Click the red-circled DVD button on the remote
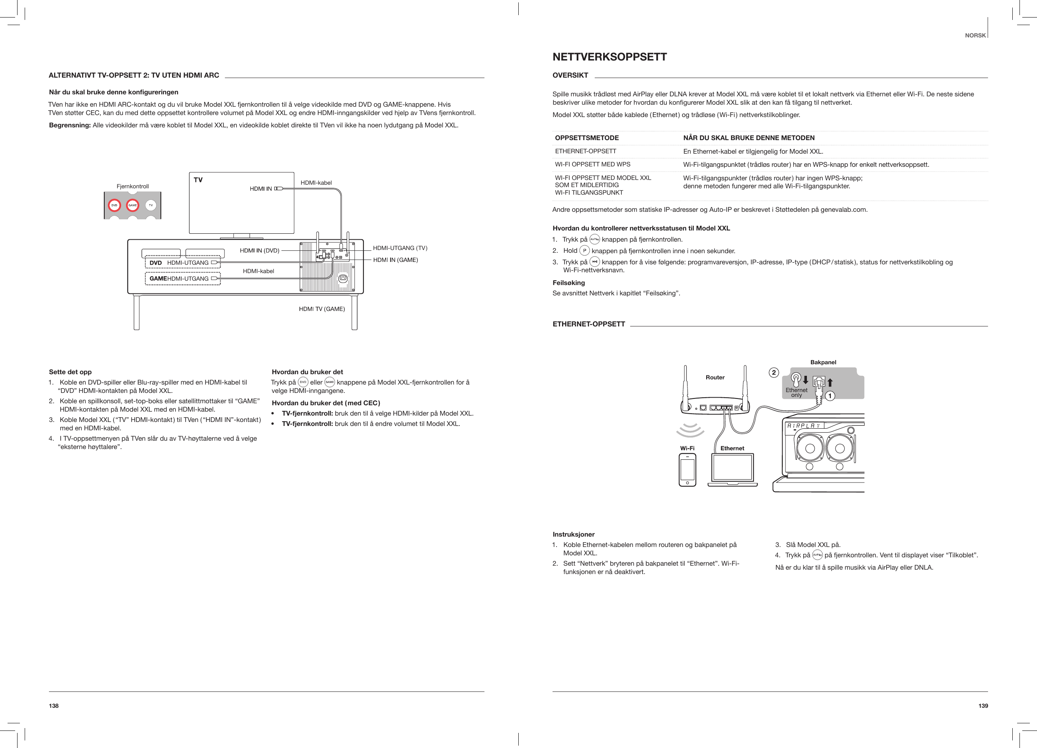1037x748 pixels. tap(114, 205)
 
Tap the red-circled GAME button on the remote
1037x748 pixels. tap(133, 205)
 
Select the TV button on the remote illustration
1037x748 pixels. tap(151, 205)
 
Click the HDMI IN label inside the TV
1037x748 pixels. tap(261, 188)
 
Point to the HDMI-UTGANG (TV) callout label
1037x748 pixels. tap(400, 248)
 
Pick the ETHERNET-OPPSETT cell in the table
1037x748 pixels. tap(585, 151)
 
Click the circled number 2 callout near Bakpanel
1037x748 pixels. tap(773, 373)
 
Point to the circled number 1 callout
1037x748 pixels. tap(830, 396)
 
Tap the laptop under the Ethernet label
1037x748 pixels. tap(732, 470)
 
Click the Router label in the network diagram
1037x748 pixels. tap(715, 378)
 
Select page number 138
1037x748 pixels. tap(54, 706)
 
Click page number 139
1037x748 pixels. tap(983, 706)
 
